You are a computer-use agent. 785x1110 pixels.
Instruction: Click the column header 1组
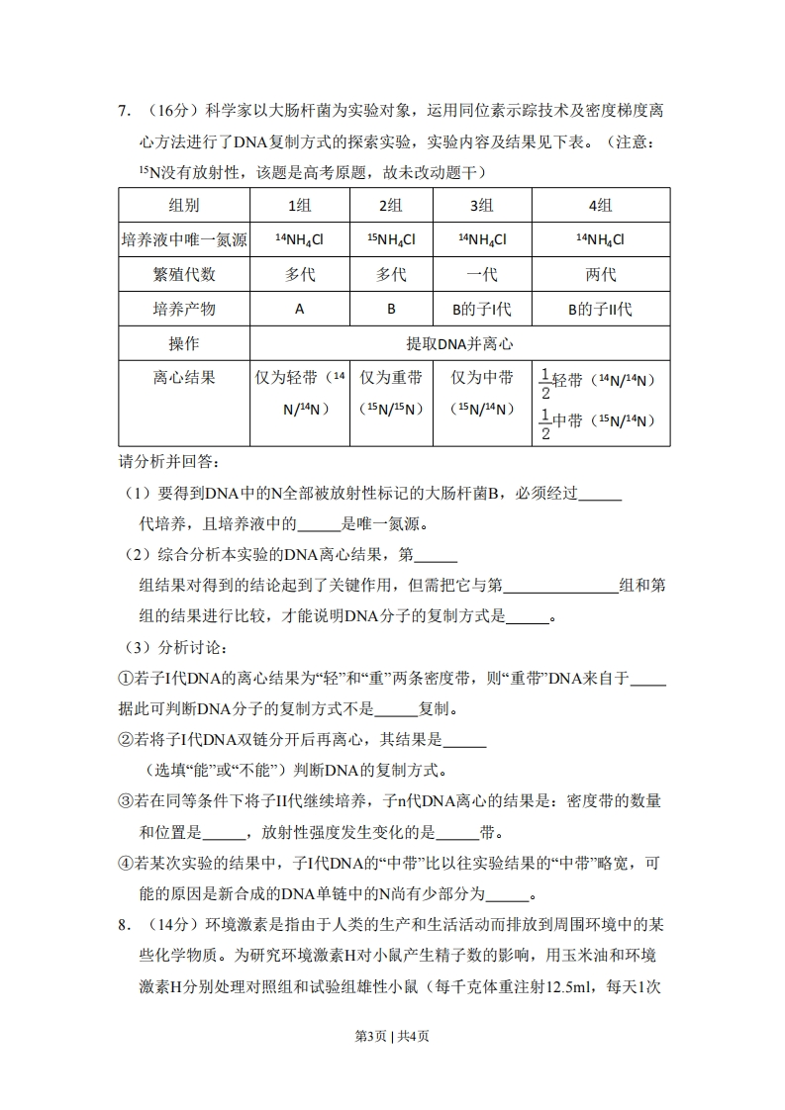(x=300, y=205)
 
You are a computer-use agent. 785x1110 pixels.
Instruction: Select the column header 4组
(x=600, y=205)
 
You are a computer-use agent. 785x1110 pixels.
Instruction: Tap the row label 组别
(x=184, y=205)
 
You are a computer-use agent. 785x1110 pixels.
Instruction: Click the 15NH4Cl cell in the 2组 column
(x=391, y=239)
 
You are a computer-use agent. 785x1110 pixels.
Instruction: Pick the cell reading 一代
(x=482, y=274)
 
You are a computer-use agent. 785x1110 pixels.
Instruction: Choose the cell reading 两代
(x=600, y=274)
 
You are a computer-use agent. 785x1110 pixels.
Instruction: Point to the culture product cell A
(x=300, y=309)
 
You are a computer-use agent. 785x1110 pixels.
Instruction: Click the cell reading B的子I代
(x=482, y=309)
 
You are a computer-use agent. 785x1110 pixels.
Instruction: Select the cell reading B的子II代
(x=600, y=309)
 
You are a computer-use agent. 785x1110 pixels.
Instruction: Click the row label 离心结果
(x=184, y=378)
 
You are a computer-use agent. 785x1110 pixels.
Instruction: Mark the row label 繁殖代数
(x=184, y=274)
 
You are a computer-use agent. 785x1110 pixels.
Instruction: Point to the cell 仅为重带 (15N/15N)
(x=391, y=393)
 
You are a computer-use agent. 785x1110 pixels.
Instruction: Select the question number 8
(x=124, y=924)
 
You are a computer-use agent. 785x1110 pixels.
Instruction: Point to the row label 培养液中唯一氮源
(x=184, y=239)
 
